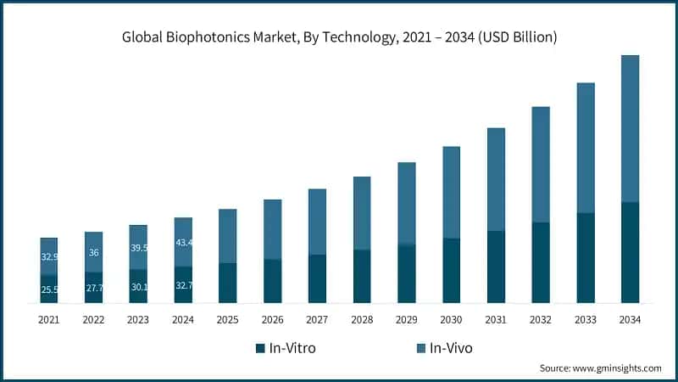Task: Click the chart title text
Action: pyautogui.click(x=339, y=37)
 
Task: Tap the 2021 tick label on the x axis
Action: pyautogui.click(x=48, y=319)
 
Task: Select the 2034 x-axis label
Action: pyautogui.click(x=630, y=319)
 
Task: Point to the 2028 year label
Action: pyautogui.click(x=362, y=319)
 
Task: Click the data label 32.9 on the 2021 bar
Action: pyautogui.click(x=49, y=256)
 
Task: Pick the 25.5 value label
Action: pyautogui.click(x=49, y=289)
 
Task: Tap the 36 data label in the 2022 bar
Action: pyautogui.click(x=93, y=252)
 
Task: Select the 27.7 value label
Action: pyautogui.click(x=94, y=289)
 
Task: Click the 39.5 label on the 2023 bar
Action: pyautogui.click(x=138, y=248)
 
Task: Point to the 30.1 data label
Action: pyautogui.click(x=138, y=287)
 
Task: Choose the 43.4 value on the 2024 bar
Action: pyautogui.click(x=183, y=244)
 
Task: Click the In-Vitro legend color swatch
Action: pyautogui.click(x=261, y=348)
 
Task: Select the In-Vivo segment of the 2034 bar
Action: pyautogui.click(x=630, y=128)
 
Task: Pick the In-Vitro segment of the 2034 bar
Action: pyautogui.click(x=630, y=252)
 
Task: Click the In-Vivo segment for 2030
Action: pyautogui.click(x=451, y=192)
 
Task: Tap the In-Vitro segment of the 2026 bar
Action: pyautogui.click(x=272, y=281)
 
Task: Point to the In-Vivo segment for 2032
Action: pyautogui.click(x=541, y=165)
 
